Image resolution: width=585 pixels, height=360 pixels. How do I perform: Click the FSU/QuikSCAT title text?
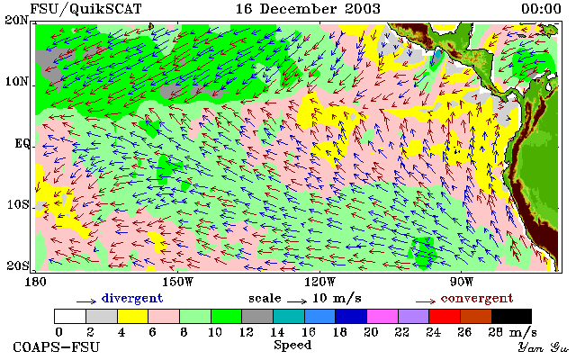coord(85,9)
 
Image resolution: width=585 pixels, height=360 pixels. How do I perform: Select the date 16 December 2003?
coord(308,9)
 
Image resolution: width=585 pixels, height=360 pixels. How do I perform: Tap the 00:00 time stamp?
coord(541,9)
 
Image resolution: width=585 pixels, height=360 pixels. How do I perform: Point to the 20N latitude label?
coord(16,20)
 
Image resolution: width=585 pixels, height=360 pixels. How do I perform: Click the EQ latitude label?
coord(22,144)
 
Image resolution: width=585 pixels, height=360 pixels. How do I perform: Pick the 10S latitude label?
coord(17,204)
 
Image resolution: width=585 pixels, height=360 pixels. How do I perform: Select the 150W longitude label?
coord(178,282)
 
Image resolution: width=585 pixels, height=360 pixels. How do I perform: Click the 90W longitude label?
coord(462,282)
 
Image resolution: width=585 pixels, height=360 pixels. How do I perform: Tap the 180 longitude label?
coord(35,282)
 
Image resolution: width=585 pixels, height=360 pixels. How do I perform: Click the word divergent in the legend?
coord(132,298)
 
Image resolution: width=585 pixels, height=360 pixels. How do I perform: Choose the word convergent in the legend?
coord(477,298)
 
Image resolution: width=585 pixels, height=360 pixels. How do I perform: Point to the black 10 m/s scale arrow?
coord(297,301)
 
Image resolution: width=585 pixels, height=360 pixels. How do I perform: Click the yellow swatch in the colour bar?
coord(132,316)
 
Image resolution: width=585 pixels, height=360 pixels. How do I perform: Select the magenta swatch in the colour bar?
coord(382,316)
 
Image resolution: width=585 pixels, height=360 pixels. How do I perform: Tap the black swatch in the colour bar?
coord(511,316)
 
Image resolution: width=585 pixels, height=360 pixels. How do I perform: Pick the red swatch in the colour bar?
coord(445,316)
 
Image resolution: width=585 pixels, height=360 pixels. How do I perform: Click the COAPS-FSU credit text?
coord(57,347)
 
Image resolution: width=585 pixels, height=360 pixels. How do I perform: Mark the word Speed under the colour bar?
coord(292,346)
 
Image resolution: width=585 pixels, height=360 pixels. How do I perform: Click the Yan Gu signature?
coord(543,347)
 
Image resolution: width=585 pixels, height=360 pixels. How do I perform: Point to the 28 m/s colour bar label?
coord(513,331)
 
